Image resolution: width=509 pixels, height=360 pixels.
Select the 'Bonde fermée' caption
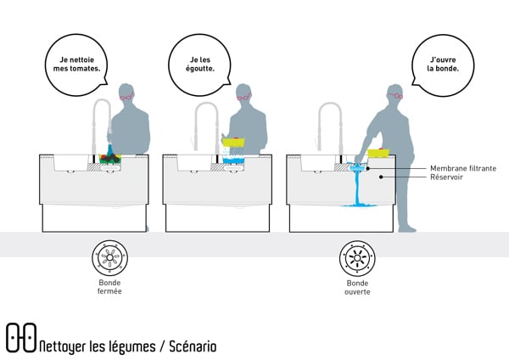(110, 286)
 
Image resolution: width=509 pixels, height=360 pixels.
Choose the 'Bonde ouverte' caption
(357, 287)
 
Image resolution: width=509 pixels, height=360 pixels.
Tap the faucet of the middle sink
(206, 119)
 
